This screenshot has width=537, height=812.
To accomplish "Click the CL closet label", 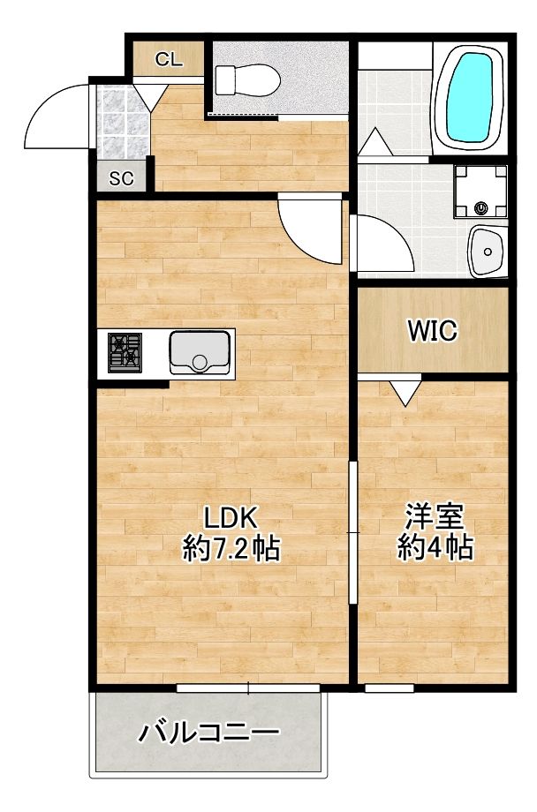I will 169,60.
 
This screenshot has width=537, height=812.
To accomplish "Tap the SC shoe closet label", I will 121,177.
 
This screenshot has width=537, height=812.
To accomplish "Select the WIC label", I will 432,331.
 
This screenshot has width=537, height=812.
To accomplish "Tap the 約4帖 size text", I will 434,548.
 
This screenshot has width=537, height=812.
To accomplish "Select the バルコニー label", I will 208,733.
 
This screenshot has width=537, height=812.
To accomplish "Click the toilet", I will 248,81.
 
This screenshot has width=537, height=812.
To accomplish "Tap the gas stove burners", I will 124,351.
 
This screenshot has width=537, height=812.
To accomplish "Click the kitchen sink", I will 199,352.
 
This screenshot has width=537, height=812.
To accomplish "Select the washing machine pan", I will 480,192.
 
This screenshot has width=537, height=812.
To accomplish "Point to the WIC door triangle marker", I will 407,390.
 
